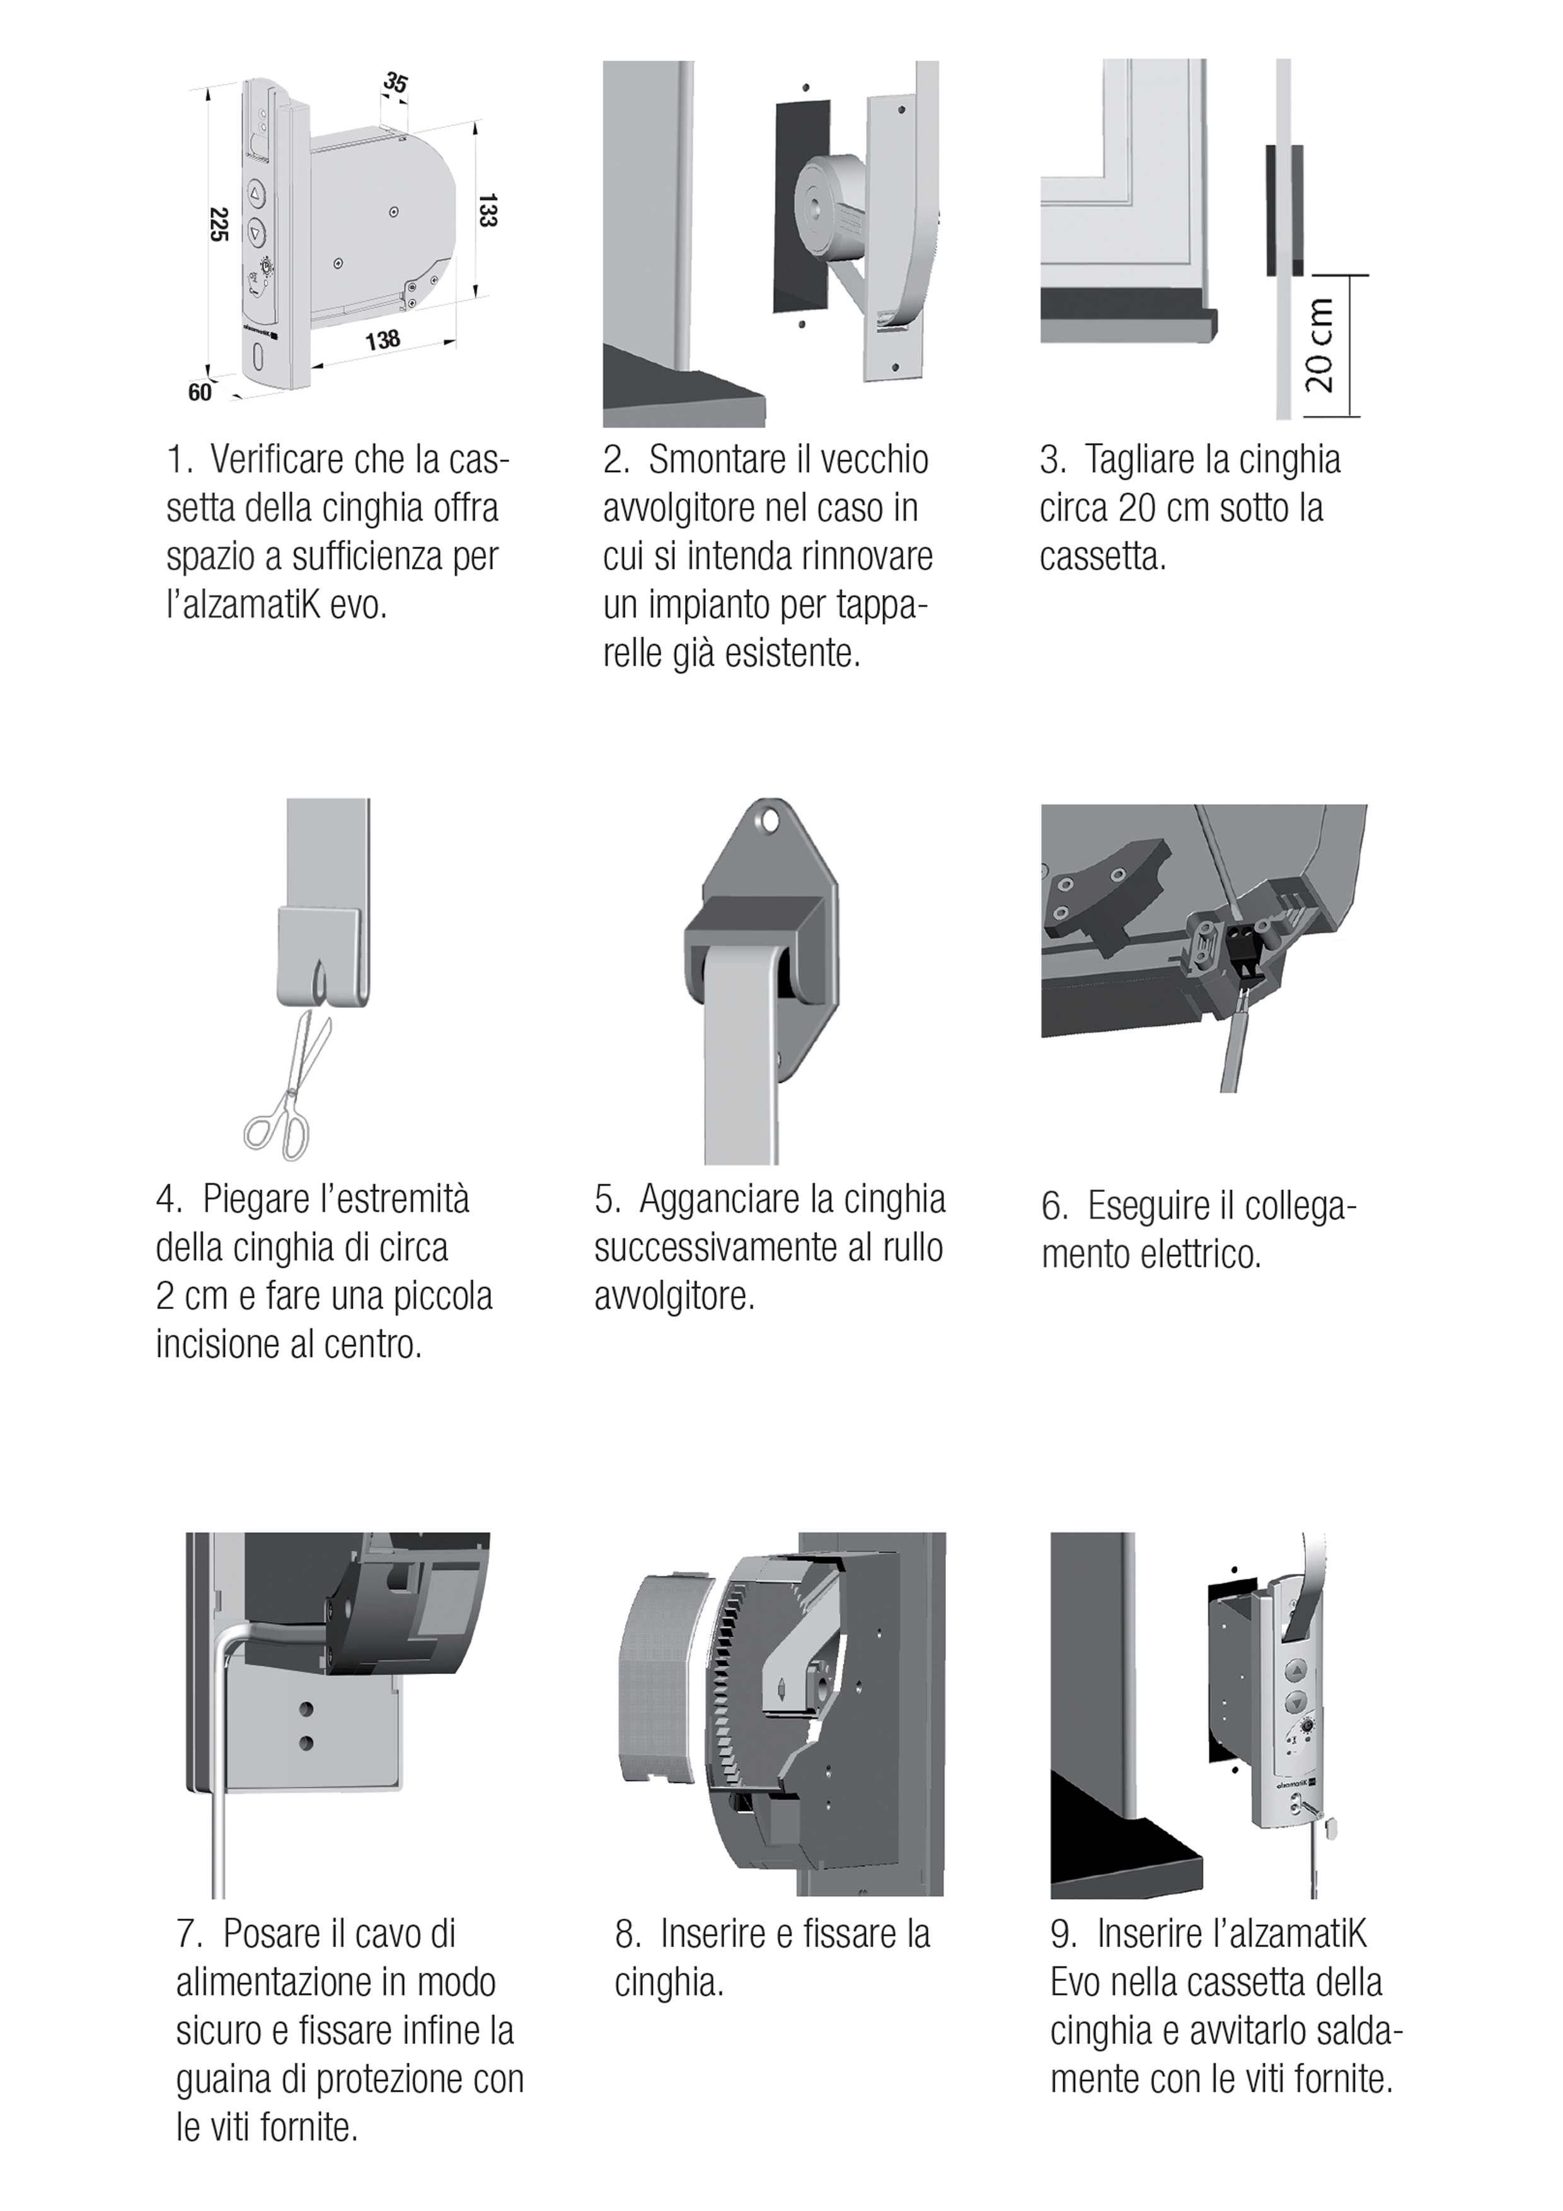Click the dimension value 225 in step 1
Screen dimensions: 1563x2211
219,224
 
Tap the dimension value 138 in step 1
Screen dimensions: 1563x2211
383,340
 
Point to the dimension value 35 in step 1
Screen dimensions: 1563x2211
395,83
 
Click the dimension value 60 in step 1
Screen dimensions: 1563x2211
199,393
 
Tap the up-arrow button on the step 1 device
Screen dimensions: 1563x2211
256,193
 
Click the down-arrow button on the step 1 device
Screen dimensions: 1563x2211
256,232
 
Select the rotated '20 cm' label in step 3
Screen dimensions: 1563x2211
1320,345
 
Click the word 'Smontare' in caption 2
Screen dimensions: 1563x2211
713,460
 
